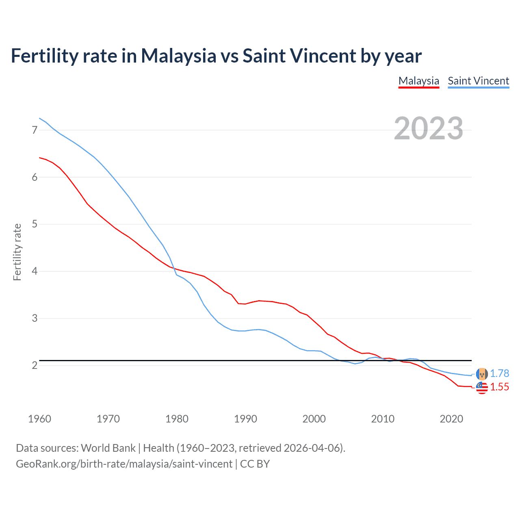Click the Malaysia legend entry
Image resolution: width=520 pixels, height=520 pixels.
pos(418,81)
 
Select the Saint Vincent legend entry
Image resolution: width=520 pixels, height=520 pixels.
pos(478,81)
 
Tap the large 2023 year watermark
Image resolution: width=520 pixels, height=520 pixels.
pos(428,128)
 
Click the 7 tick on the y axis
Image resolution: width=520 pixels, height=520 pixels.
pos(35,130)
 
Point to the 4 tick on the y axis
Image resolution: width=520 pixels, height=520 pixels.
pos(35,271)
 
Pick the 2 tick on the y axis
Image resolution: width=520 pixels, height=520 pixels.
pos(35,365)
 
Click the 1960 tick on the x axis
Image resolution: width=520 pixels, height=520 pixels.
pos(39,419)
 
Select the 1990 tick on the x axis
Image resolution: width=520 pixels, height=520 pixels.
pos(245,419)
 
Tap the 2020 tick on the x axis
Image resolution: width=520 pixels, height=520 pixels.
pos(451,419)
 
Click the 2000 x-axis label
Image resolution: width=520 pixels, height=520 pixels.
pos(314,419)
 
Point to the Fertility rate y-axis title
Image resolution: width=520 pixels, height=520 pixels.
pos(17,252)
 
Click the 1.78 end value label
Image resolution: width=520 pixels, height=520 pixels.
pos(499,373)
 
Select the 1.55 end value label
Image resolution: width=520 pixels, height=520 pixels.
pos(499,387)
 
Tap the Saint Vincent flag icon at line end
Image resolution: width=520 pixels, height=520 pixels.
pos(482,374)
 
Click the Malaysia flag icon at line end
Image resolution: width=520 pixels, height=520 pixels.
pos(482,388)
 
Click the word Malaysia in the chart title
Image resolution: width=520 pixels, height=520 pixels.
pos(178,56)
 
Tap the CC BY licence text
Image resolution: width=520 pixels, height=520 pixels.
pos(255,464)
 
